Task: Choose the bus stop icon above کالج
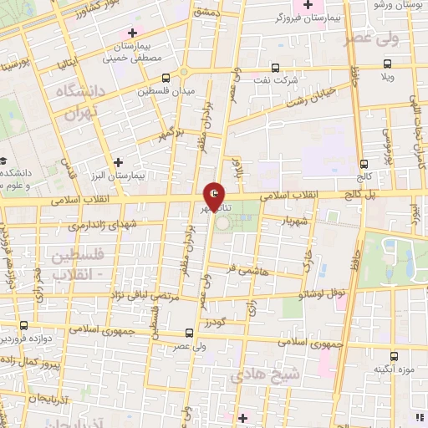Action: pyautogui.click(x=363, y=164)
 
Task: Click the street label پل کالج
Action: pyautogui.click(x=368, y=194)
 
